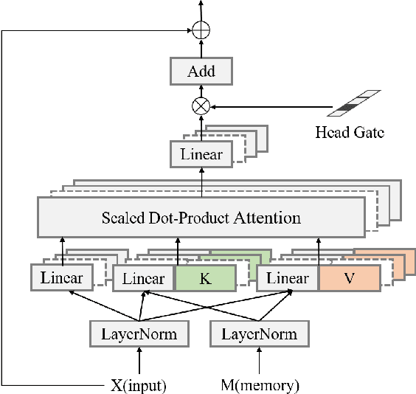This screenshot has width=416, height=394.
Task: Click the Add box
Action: point(201,72)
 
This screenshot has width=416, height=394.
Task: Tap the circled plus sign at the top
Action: point(201,31)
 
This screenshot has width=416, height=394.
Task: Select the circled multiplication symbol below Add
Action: point(201,106)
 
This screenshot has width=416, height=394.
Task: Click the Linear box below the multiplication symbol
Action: point(201,153)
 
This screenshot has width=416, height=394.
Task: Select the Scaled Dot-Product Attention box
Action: point(201,218)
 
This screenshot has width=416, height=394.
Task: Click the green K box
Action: point(205,278)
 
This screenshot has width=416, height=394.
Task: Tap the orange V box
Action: point(349,278)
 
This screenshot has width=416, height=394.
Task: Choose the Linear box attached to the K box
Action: point(143,278)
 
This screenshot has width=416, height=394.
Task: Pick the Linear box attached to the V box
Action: point(287,278)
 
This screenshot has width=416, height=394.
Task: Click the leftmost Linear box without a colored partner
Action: point(62,278)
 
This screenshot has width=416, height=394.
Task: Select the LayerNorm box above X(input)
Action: point(139,334)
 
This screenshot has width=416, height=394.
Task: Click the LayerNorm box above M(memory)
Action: point(259,334)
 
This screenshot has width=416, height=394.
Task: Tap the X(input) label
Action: point(139,384)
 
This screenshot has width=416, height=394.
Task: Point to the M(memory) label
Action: point(259,384)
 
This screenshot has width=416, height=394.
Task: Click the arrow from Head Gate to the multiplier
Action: point(273,106)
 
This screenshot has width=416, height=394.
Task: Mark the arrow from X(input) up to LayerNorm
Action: point(139,362)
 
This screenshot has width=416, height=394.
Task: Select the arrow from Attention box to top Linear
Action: point(201,182)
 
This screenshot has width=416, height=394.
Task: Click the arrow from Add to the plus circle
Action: point(201,49)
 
